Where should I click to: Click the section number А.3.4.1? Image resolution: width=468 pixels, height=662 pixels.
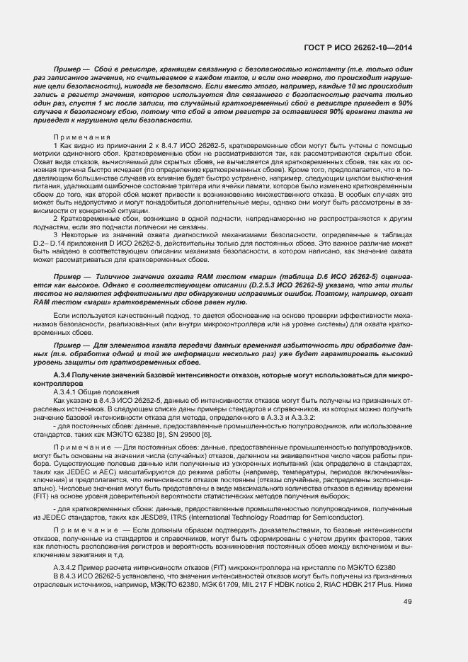67,392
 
